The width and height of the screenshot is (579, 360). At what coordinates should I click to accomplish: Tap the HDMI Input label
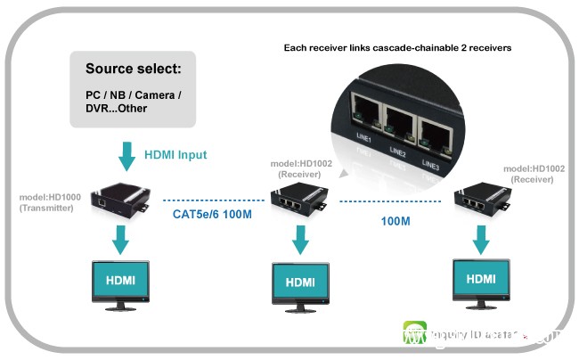pyautogui.click(x=176, y=155)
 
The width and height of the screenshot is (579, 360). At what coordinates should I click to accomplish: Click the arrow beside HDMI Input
pyautogui.click(x=124, y=156)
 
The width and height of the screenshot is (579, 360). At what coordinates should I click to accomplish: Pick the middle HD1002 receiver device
pyautogui.click(x=298, y=202)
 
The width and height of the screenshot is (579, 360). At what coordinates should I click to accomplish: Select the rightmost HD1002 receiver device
pyautogui.click(x=486, y=202)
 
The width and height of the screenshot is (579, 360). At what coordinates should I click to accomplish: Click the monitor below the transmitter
pyautogui.click(x=121, y=284)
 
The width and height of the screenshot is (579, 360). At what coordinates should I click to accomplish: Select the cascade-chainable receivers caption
pyautogui.click(x=396, y=47)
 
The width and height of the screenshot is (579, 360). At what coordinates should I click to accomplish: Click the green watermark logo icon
pyautogui.click(x=415, y=336)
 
